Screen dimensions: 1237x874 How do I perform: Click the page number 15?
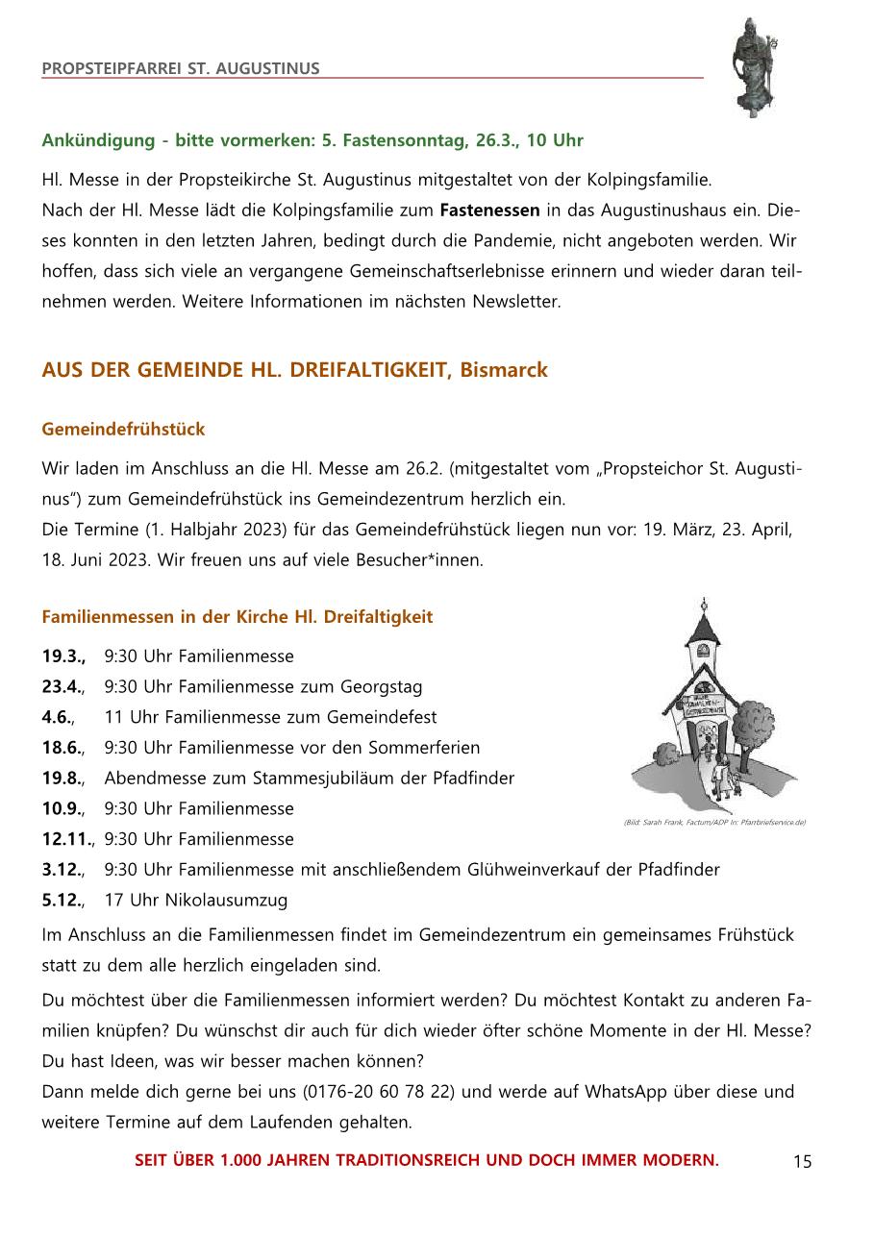803,1162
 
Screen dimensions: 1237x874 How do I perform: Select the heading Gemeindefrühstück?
123,430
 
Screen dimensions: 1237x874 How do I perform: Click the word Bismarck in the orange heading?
504,370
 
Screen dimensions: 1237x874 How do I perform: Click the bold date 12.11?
67,839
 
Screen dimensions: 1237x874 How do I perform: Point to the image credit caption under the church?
714,823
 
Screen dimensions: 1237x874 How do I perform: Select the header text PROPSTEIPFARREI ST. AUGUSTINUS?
181,68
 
